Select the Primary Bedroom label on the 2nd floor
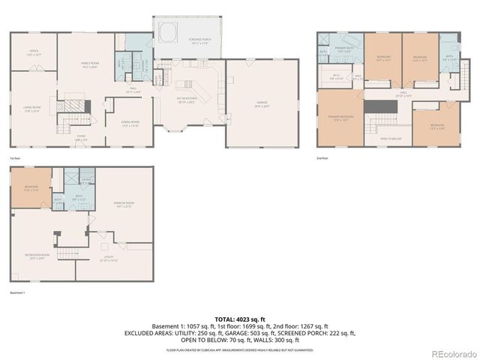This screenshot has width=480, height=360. point(339,118)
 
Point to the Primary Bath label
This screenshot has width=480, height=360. point(343,50)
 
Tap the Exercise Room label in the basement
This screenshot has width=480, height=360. point(124,205)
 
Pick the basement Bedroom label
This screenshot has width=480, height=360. point(31,189)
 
